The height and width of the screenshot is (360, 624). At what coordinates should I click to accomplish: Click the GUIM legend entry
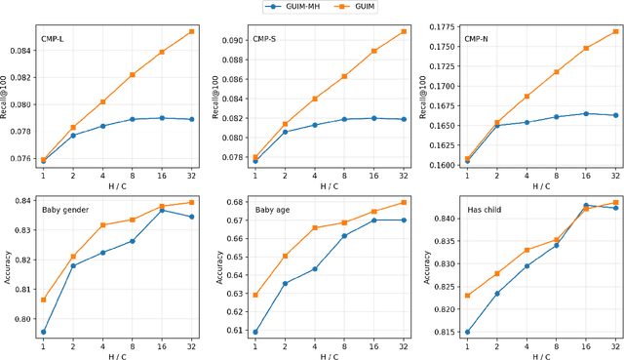tap(360, 6)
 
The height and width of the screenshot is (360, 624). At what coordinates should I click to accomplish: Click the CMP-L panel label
tap(53, 40)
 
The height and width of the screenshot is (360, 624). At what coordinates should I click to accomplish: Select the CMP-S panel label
tap(265, 40)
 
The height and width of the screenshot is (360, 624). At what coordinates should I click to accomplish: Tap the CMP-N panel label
tap(477, 40)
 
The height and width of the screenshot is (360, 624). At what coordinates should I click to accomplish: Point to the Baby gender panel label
tap(65, 209)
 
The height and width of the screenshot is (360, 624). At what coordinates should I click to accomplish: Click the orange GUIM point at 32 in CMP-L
tap(191, 31)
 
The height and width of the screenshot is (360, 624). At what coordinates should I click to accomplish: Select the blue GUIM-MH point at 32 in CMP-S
tap(404, 119)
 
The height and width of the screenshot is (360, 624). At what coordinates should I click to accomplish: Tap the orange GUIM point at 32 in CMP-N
tap(615, 31)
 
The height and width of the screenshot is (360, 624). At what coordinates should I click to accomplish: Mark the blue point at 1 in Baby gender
tap(43, 332)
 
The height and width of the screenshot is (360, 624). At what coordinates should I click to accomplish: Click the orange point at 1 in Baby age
tap(255, 295)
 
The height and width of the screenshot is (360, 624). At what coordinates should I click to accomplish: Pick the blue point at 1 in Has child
tap(467, 332)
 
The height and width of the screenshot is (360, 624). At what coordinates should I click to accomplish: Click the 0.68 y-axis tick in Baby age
tap(235, 203)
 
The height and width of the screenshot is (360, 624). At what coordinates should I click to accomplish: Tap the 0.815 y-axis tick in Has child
tap(445, 333)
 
